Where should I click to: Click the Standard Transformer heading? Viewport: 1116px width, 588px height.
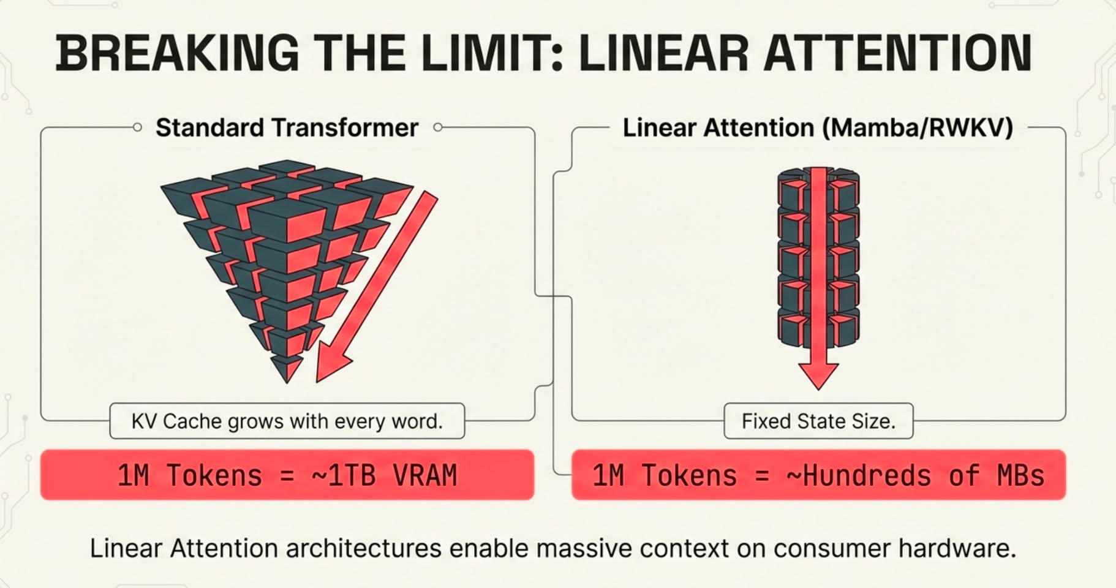(x=287, y=127)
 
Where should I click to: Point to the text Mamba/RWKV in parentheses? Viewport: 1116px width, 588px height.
(x=916, y=127)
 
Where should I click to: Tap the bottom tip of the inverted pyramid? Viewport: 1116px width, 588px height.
(x=287, y=382)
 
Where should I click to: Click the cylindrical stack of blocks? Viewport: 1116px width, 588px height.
(x=818, y=257)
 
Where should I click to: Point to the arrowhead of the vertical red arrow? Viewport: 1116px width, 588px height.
(x=818, y=375)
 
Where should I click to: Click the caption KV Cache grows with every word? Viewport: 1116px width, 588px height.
(x=287, y=421)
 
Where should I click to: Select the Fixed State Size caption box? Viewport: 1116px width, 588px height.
(x=818, y=421)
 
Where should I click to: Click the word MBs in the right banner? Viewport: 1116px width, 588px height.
(x=1020, y=476)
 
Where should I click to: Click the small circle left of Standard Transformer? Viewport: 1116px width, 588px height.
(x=137, y=127)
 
